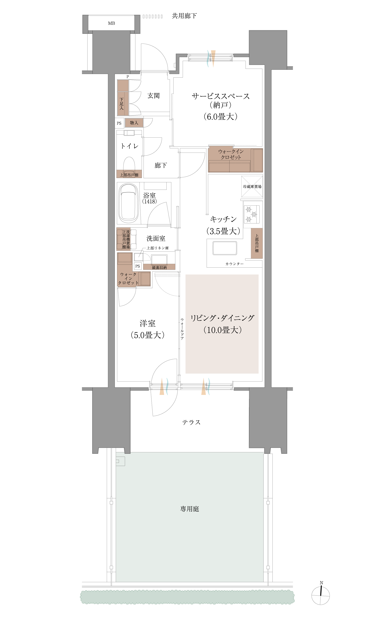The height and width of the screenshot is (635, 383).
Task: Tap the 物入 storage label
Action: [x=134, y=123]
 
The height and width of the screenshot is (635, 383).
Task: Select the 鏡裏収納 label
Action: [x=159, y=268]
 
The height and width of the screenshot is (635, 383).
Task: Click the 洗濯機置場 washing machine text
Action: [x=128, y=239]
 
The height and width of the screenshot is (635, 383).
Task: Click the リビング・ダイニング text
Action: [x=222, y=318]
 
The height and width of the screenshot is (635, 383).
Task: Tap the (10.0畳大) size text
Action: [x=222, y=330]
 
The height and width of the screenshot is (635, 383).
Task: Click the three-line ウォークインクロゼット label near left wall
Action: [x=128, y=279]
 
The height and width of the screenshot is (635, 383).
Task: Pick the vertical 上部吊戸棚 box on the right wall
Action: [x=257, y=243]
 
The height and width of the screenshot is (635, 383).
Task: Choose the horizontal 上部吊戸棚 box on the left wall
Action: [x=129, y=174]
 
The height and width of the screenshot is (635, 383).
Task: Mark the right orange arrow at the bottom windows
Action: [x=203, y=386]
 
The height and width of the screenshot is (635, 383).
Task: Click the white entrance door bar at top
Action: [x=154, y=71]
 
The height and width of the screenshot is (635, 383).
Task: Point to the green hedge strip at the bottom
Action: [x=187, y=597]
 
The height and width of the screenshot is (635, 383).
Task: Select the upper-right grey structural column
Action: [x=268, y=48]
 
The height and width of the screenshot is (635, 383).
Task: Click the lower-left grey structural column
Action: [x=111, y=418]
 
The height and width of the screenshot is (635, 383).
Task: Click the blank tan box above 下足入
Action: [x=123, y=86]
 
